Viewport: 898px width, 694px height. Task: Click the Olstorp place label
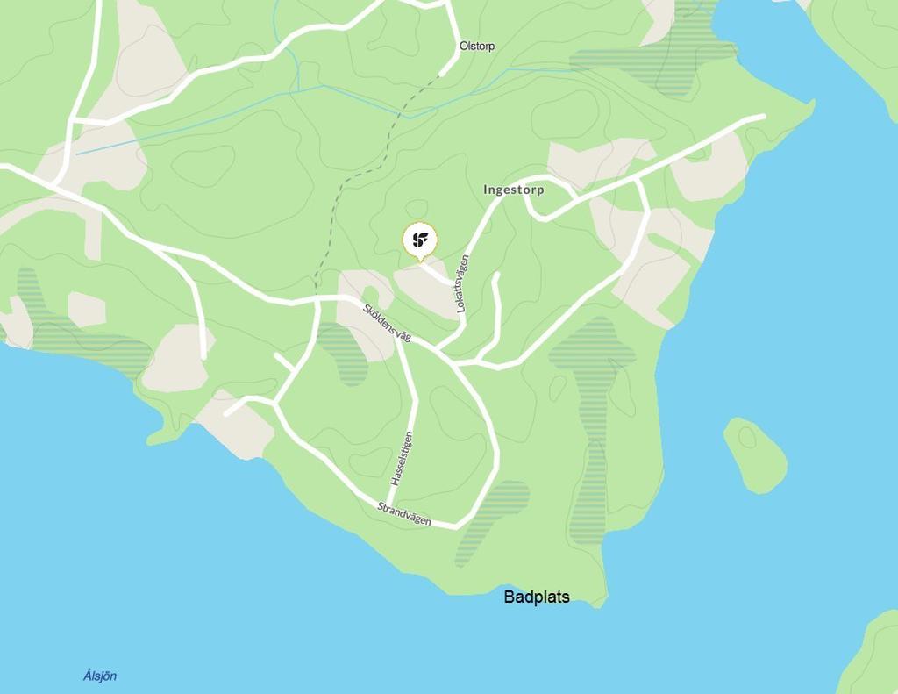[x=477, y=46]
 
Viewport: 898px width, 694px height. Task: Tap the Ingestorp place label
[x=514, y=190]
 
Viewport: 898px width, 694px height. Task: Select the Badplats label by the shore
[x=537, y=597]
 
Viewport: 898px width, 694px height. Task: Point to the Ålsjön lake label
[x=100, y=676]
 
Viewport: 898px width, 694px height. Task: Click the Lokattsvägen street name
[x=462, y=283]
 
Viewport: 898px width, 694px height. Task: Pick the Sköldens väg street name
[x=387, y=322]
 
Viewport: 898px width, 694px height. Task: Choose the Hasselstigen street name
[x=402, y=458]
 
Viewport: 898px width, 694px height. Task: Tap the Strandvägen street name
[x=404, y=513]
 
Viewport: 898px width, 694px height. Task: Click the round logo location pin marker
[x=420, y=240]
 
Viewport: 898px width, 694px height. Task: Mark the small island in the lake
[x=754, y=454]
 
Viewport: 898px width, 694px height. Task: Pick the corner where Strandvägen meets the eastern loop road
[x=456, y=526]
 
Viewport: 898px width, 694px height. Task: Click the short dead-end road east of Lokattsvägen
[x=496, y=298]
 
